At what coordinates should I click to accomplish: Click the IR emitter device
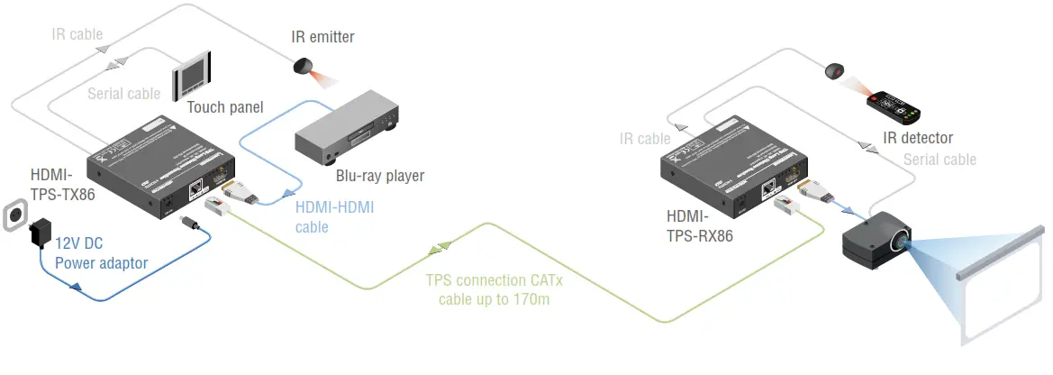[x=304, y=66]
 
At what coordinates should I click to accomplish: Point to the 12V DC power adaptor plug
[x=41, y=234]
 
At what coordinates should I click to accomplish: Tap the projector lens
[x=902, y=242]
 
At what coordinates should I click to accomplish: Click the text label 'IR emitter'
[x=322, y=37]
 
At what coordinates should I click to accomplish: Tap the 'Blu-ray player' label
[x=379, y=176]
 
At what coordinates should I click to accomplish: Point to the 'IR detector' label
[x=917, y=138]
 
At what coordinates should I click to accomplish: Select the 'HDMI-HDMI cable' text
[x=334, y=217]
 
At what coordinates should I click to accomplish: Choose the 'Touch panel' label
[x=225, y=108]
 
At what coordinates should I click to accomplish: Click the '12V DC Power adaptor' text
[x=101, y=253]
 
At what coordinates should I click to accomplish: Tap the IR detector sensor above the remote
[x=836, y=70]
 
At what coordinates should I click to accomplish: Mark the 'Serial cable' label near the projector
[x=940, y=160]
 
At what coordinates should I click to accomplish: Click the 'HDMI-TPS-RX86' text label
[x=699, y=227]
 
